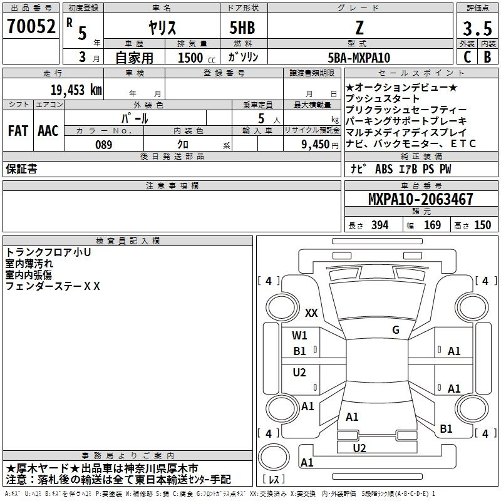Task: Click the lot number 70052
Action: coord(31,26)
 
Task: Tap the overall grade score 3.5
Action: coord(477,29)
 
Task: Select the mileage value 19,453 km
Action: coord(76,90)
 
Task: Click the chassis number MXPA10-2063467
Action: coord(420,199)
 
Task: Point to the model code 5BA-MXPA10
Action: coord(359,58)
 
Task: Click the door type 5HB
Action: coord(242,28)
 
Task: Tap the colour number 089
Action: coord(104,145)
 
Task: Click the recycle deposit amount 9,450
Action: coord(316,145)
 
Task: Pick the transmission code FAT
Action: coord(18,131)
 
